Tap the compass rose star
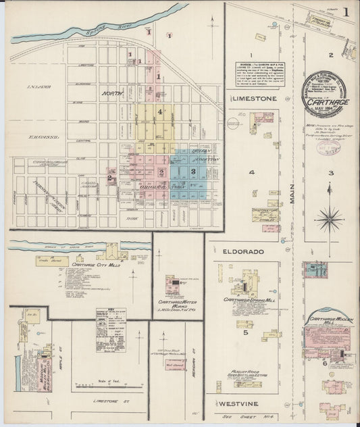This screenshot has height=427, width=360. point(330,217)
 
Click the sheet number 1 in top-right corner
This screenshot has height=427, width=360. point(345,11)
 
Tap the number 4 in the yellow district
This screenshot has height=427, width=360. point(159,111)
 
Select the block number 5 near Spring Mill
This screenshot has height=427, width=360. point(247,332)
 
